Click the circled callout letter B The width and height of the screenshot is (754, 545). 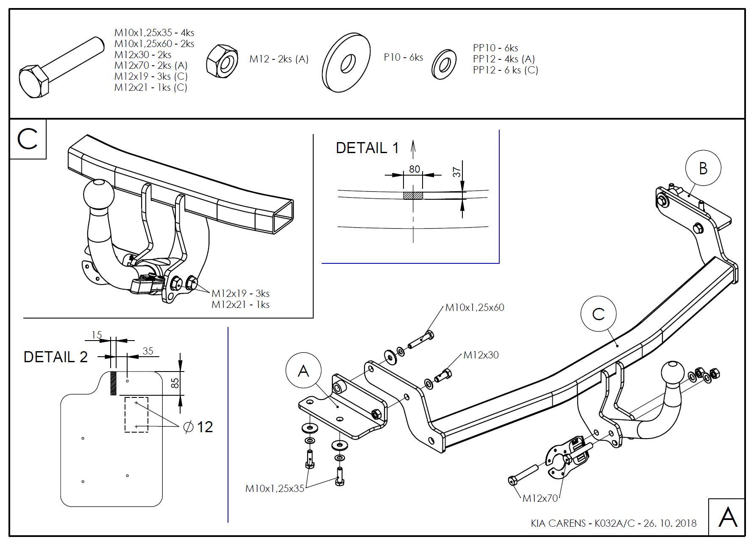coord(703,168)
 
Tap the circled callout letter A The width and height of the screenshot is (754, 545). coord(303,371)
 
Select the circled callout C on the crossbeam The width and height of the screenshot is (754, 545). coord(598,314)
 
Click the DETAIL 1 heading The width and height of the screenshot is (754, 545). coord(367,148)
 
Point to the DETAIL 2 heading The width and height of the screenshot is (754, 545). coord(56,357)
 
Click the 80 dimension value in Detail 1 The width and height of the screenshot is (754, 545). coord(414,169)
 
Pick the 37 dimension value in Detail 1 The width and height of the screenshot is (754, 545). coord(456,172)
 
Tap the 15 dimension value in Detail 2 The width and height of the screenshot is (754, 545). coord(97,335)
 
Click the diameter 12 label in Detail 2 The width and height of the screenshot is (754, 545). coord(198,426)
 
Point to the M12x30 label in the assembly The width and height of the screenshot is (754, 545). coord(481,355)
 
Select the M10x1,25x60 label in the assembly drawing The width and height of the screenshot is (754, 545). coord(474,307)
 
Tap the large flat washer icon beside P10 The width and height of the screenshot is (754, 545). coord(346,62)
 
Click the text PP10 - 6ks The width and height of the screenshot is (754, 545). coord(495,48)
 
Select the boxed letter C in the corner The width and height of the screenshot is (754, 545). coord(28,139)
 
